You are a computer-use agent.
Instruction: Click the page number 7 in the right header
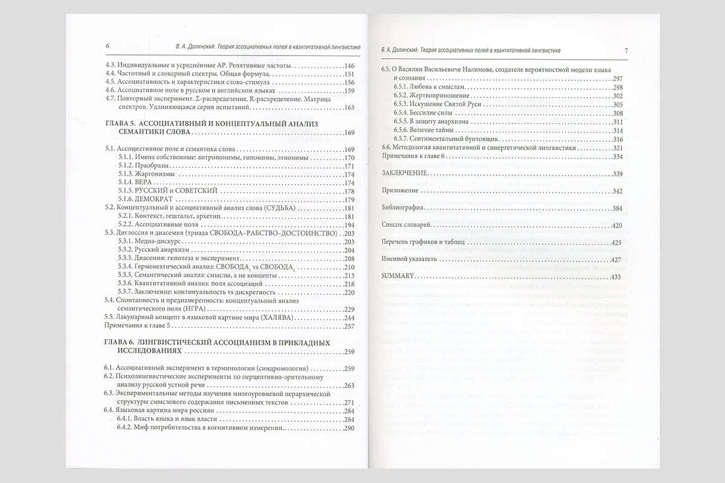(626, 50)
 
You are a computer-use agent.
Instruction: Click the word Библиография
(401, 208)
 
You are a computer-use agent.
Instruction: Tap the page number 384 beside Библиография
(616, 208)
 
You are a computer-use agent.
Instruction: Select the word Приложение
(399, 191)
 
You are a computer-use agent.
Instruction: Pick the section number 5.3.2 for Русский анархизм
(127, 250)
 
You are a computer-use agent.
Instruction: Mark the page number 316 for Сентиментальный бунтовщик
(616, 138)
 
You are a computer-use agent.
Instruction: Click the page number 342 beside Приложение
(616, 191)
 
